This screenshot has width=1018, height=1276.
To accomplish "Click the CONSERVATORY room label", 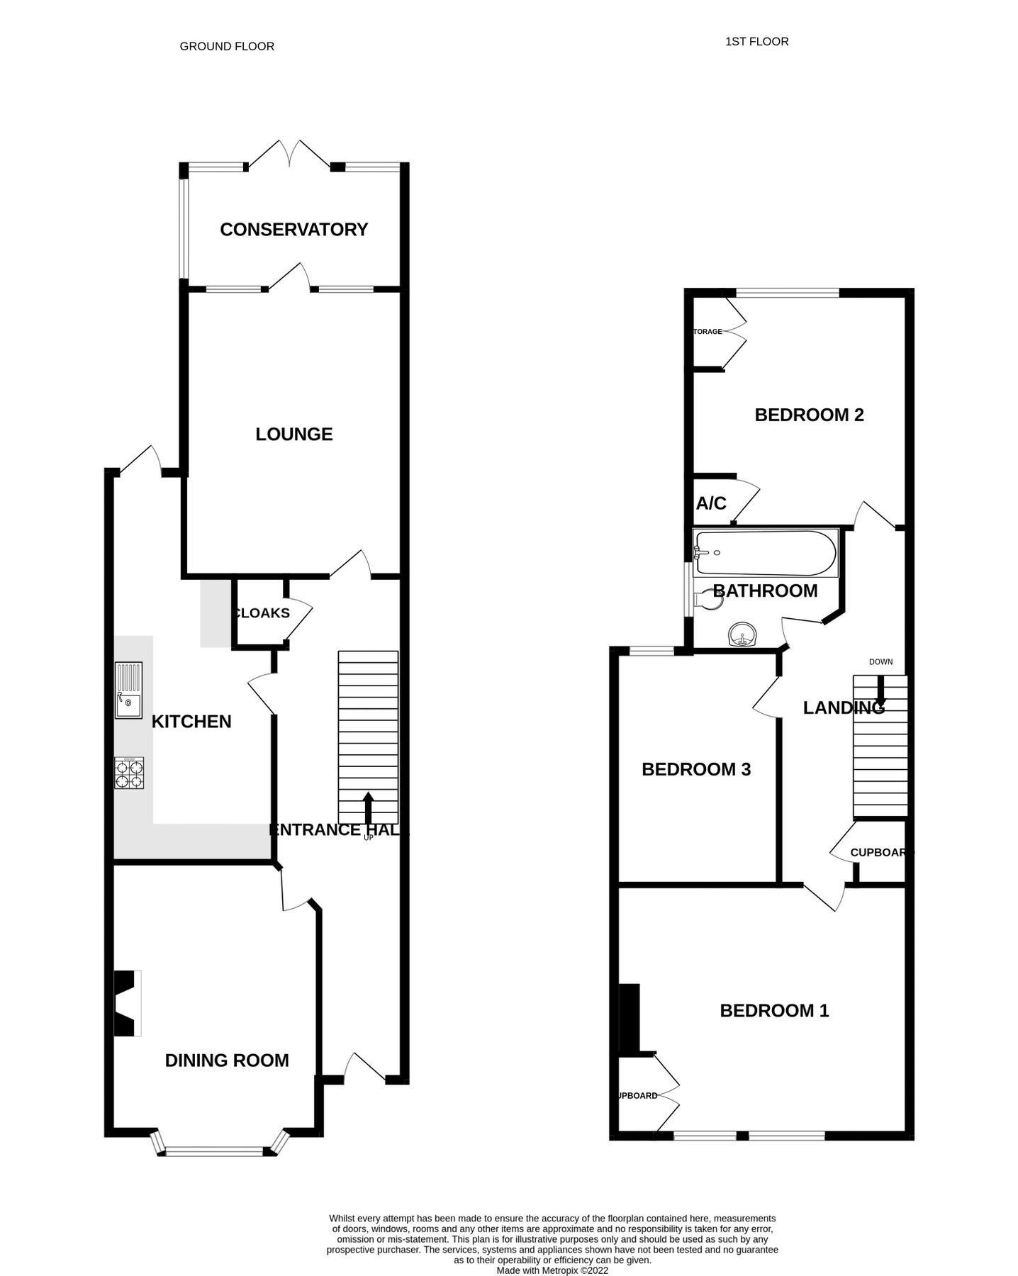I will click(293, 230).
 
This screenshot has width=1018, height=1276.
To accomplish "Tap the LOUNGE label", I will click(294, 434).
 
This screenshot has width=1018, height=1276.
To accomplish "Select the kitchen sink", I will click(128, 690).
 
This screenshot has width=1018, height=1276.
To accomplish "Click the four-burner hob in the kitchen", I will click(129, 773).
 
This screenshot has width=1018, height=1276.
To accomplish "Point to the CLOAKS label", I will click(262, 613).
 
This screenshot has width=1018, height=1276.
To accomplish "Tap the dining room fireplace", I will click(127, 1004).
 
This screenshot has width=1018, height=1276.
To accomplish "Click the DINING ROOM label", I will click(227, 1060).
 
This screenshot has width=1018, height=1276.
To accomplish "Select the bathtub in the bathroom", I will click(765, 553).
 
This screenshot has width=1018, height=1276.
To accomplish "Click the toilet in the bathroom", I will click(710, 600).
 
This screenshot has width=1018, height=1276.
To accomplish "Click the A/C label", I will click(711, 503).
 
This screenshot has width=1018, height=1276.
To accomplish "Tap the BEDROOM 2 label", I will click(809, 415).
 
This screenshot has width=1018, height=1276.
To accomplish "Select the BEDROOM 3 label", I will click(695, 769).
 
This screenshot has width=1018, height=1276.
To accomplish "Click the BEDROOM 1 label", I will click(774, 1010).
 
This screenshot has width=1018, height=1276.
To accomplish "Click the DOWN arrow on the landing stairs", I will click(880, 695).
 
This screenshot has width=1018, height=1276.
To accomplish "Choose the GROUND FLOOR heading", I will click(227, 46).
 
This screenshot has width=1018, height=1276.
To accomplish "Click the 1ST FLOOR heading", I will click(756, 42).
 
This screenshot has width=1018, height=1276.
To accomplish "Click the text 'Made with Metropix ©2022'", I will click(552, 1271).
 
